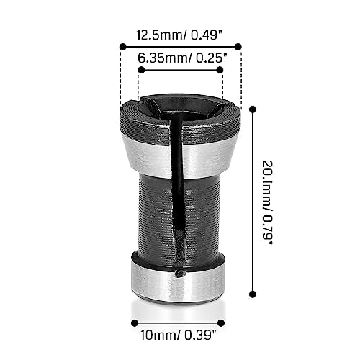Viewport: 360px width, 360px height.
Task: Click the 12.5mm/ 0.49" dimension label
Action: click(179, 33)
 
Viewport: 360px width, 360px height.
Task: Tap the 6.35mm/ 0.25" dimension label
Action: click(180, 56)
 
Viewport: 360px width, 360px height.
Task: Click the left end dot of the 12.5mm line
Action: click(120, 47)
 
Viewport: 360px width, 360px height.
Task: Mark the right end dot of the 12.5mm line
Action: click(240, 47)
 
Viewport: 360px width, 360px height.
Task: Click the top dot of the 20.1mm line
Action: click(252, 109)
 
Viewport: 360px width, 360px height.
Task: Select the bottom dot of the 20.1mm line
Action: click(252, 293)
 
